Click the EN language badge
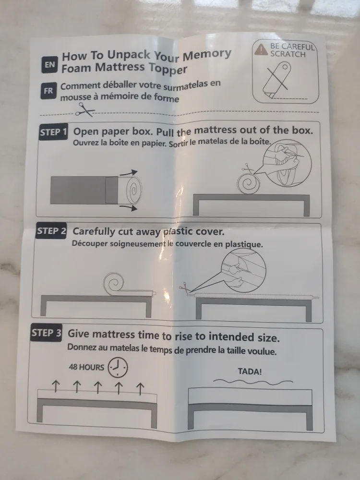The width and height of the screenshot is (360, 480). pyautogui.click(x=49, y=65)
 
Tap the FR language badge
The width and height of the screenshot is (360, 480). pyautogui.click(x=48, y=90)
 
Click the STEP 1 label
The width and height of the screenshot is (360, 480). pyautogui.click(x=53, y=132)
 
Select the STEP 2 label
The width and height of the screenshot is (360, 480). pyautogui.click(x=51, y=231)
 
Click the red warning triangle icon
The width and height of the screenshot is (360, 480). pyautogui.click(x=261, y=48)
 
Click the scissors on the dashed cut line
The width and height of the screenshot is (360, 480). pyautogui.click(x=85, y=111)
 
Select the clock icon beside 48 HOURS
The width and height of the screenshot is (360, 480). pyautogui.click(x=118, y=368)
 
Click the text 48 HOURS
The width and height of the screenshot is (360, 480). pyautogui.click(x=86, y=367)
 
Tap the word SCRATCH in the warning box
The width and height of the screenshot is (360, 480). pyautogui.click(x=288, y=54)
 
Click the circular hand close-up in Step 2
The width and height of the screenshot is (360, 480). pyautogui.click(x=242, y=272)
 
